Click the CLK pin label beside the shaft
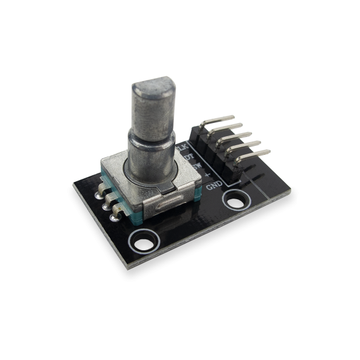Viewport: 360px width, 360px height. (x=181, y=147)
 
